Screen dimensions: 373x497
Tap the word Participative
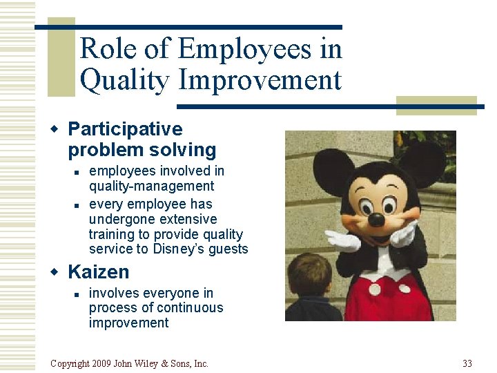[125, 129]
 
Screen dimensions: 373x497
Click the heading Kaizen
[98, 272]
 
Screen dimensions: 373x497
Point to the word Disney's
[181, 249]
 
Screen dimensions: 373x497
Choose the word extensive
[187, 219]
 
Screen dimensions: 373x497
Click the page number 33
[467, 363]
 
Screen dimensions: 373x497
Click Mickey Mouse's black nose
[376, 220]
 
